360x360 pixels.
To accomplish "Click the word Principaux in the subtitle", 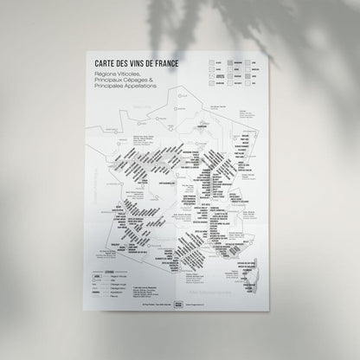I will tap(110, 80).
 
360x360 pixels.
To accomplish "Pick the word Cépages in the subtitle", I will tap(138, 80).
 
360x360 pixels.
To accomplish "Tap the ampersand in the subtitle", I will tap(152, 80).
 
